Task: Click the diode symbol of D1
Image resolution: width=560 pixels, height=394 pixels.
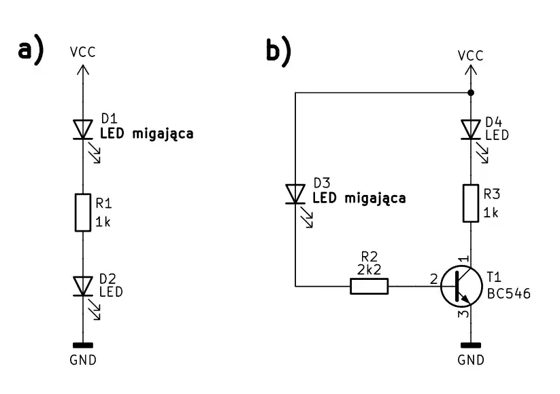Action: tap(83, 129)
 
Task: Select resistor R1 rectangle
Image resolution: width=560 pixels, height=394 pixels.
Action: tap(83, 213)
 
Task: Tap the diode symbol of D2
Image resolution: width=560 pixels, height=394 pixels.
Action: tap(83, 286)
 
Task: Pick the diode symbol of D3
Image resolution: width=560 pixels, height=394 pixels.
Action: tap(295, 194)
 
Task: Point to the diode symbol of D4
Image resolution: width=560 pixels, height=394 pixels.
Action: tap(471, 129)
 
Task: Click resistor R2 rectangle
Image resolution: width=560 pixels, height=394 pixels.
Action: tap(369, 286)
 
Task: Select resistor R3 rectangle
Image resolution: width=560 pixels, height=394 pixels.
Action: tap(471, 203)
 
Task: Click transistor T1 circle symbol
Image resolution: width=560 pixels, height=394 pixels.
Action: tap(461, 285)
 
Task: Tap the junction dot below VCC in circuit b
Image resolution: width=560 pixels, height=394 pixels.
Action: tap(471, 92)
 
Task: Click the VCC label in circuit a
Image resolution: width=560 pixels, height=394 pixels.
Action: tap(83, 52)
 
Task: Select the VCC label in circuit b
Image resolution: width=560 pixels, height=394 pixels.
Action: tap(471, 56)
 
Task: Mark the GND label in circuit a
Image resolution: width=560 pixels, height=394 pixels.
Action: tap(83, 360)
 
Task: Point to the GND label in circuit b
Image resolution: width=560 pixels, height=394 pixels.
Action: tap(471, 360)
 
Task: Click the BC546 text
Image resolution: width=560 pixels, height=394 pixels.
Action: tap(509, 294)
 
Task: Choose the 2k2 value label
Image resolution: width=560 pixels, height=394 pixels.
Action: tap(369, 270)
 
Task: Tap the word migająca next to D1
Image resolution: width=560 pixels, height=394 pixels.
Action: tap(163, 135)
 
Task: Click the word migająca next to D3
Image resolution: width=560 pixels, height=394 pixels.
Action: tap(376, 199)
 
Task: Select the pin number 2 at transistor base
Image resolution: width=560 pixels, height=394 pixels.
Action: tap(434, 279)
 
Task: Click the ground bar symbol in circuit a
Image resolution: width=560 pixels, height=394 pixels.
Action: tap(83, 345)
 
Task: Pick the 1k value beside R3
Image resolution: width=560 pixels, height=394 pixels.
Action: tap(491, 213)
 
